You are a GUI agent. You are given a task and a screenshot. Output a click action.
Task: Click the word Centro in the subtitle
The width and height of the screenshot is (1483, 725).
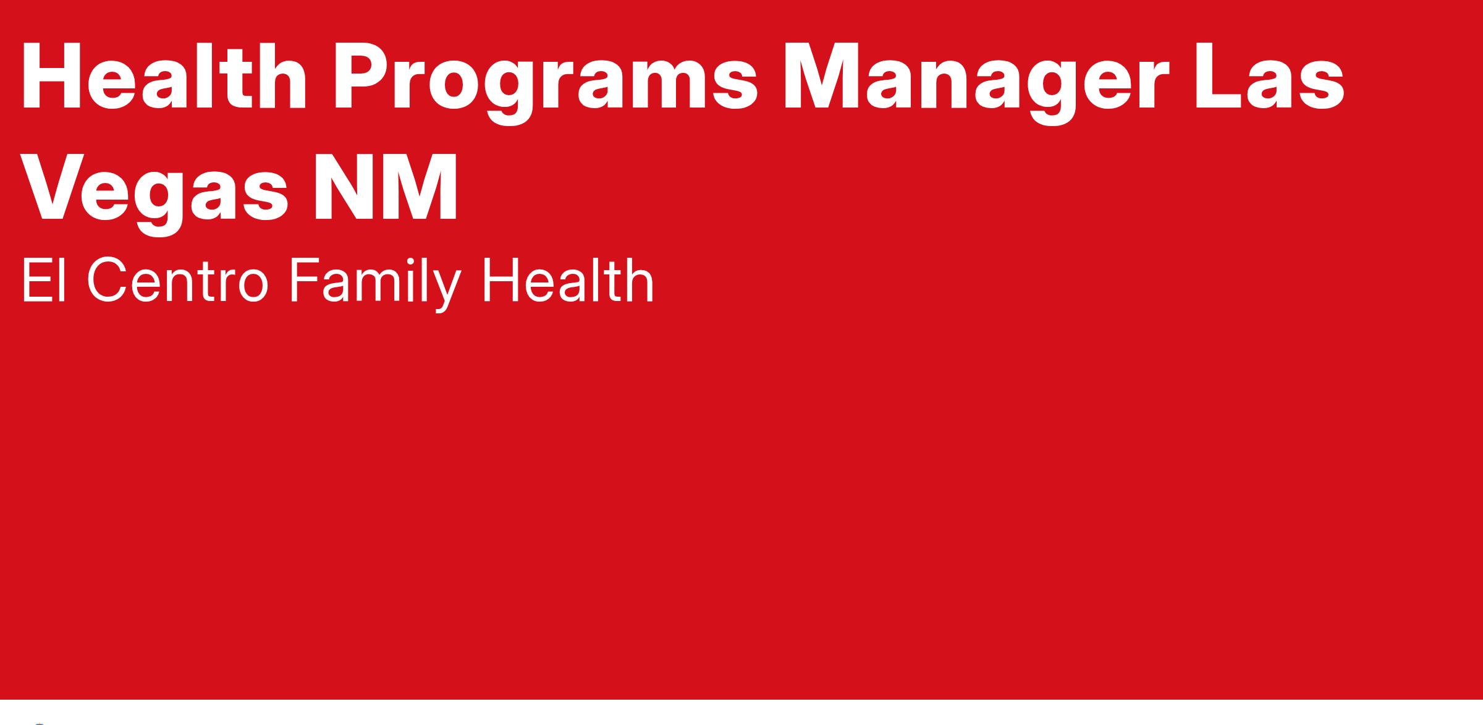tap(177, 282)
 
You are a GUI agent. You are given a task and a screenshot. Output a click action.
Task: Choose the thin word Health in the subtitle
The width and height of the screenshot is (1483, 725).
tap(568, 282)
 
